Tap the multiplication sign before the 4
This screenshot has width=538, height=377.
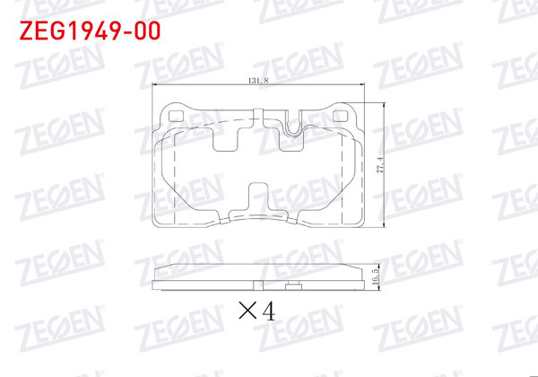[247, 312]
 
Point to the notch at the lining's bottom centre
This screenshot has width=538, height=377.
[258, 198]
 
